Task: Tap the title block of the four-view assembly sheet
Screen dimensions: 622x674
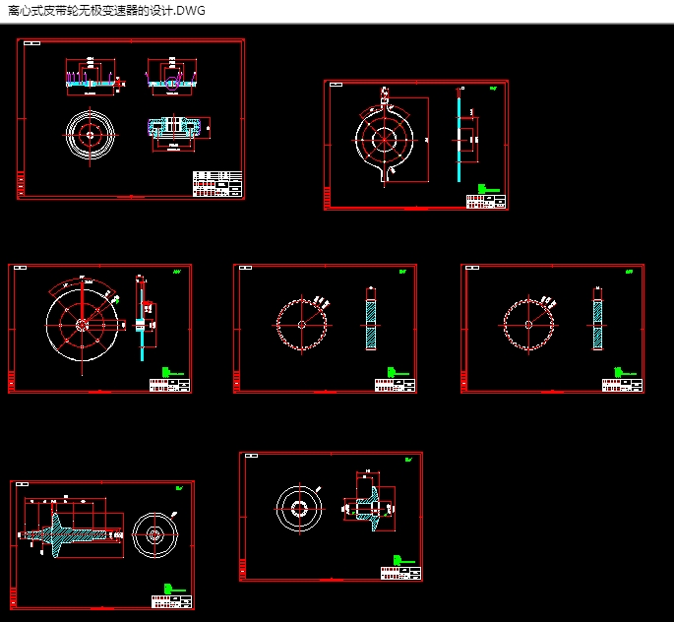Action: [x=217, y=184]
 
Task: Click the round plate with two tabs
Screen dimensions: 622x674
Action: [x=384, y=139]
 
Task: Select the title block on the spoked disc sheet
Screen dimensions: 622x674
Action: [x=169, y=385]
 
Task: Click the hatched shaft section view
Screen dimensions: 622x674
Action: [x=71, y=534]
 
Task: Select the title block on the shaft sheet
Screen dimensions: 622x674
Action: [x=173, y=599]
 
